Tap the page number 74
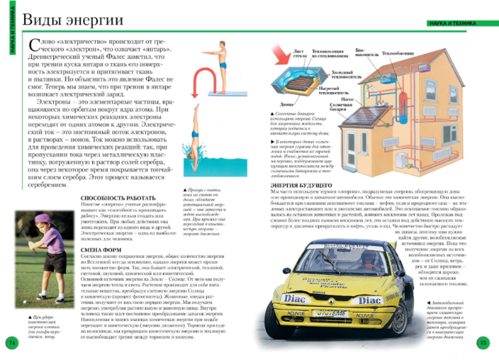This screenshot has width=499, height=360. [x=11, y=341]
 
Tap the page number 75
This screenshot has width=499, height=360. [x=482, y=341]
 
